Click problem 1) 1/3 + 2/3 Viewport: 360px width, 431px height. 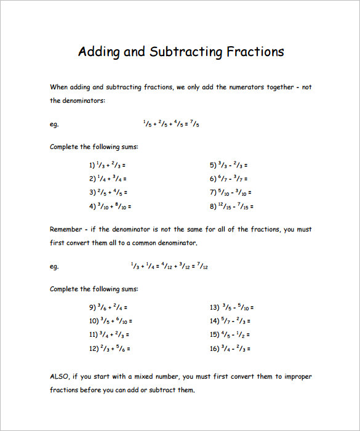tap(108, 165)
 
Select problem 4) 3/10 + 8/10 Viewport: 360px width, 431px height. tap(110, 206)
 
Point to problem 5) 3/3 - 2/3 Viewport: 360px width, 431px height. tap(228, 165)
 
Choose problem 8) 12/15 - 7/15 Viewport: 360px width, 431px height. tap(231, 206)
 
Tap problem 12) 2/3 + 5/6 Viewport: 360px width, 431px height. tap(110, 348)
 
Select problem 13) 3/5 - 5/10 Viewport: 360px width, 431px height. tap(232, 307)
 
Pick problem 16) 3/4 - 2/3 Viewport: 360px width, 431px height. tap(230, 348)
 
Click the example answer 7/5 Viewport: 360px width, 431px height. tap(194, 124)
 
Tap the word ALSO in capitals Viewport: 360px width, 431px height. tap(60, 376)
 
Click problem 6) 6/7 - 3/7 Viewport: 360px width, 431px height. tap(228, 179)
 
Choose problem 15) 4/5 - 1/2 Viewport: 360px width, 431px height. tap(230, 334)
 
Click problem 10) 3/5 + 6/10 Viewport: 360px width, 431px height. tap(111, 320)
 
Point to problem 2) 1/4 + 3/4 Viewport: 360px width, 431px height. tap(108, 179)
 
